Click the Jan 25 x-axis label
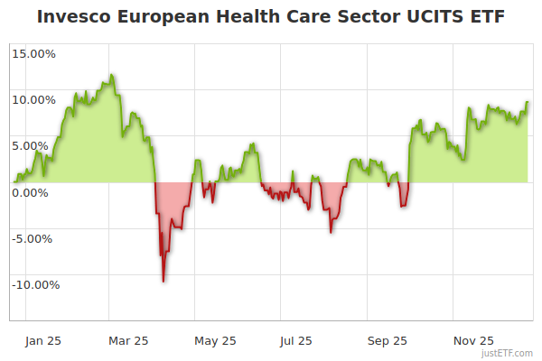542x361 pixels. pyautogui.click(x=42, y=340)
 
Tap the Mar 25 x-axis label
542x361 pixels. pyautogui.click(x=128, y=340)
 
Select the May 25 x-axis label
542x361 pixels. pyautogui.click(x=215, y=340)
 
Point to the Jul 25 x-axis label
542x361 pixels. pyautogui.click(x=297, y=340)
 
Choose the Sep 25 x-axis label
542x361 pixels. pyautogui.click(x=388, y=340)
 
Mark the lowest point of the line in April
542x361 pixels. pyautogui.click(x=164, y=282)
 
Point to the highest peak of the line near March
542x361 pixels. pyautogui.click(x=111, y=75)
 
